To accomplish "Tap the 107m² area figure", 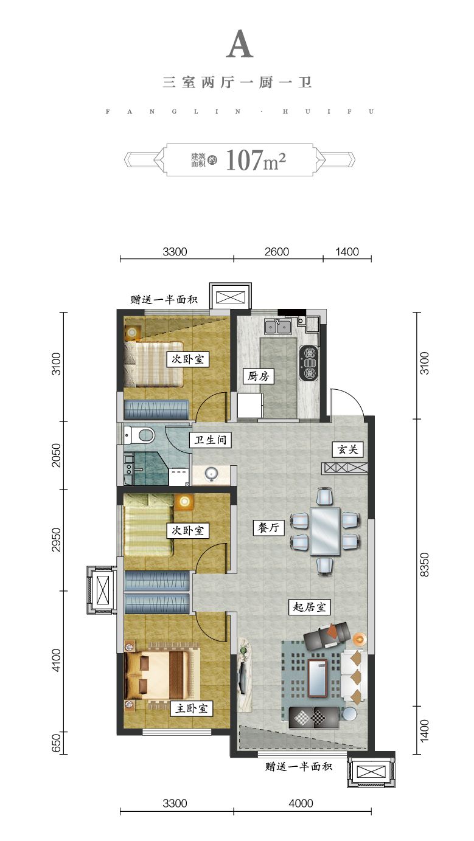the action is coord(256,161).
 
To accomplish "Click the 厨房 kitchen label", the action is coord(258,376).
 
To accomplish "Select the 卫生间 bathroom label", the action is coord(210,440).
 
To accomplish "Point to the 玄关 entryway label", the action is coord(347,449).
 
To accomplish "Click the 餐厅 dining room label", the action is coord(268,527).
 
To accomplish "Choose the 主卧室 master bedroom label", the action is coord(191,708).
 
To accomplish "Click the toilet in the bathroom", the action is coord(139,435).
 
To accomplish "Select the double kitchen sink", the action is coord(277,327).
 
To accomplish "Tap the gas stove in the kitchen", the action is coord(308,363).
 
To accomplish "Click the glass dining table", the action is coord(325,531).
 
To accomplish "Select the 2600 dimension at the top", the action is coord(277,252).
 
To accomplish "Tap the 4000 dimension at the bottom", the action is coord(301,803).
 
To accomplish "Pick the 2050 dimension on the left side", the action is coord(56,455).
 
